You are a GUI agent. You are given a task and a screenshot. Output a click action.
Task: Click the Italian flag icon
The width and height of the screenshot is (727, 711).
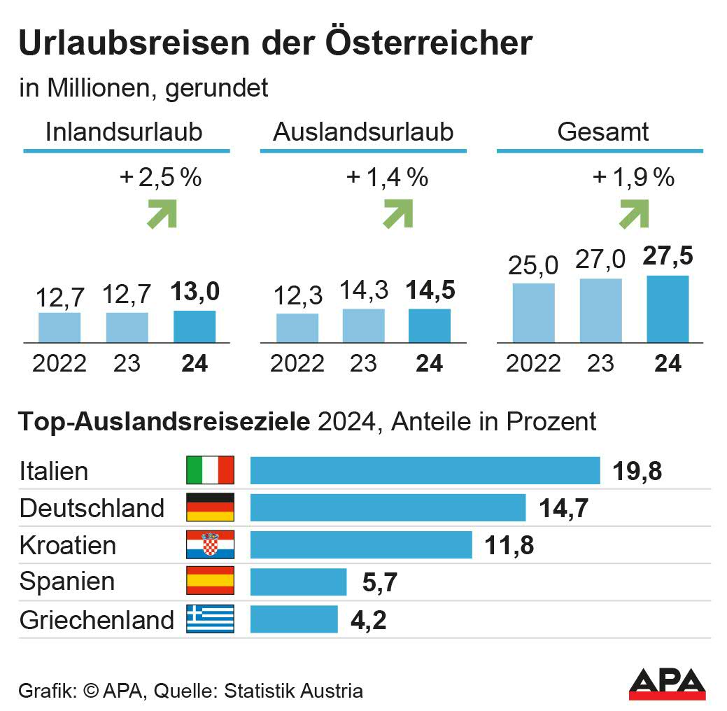coord(210,470)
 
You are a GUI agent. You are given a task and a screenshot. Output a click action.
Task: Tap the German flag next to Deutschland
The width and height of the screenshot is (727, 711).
coord(210,507)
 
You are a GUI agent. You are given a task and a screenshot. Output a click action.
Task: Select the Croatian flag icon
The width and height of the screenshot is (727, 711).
coord(210,544)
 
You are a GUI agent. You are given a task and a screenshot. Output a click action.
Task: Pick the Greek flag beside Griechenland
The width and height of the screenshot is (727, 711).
coord(210,619)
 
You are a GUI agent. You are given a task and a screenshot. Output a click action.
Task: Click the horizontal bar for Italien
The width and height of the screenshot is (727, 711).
coord(425,470)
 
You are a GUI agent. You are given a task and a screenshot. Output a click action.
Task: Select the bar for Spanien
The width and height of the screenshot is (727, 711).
coord(298,582)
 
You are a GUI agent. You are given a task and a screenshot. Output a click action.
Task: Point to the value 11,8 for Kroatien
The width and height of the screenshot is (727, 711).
coord(509,545)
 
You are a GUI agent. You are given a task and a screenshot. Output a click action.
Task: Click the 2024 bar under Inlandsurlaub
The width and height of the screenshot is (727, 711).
coord(195,326)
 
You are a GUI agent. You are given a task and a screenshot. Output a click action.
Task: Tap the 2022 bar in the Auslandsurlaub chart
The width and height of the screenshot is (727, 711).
coord(297,328)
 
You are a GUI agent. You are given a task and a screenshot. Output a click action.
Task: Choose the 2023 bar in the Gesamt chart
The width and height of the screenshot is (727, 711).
coord(600,310)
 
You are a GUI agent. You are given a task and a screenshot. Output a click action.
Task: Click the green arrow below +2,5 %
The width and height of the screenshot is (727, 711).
coord(162,213)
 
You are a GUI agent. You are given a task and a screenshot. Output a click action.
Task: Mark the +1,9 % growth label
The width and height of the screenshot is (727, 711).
coord(633,178)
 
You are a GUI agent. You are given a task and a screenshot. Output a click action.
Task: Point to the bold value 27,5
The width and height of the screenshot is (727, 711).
coord(668,256)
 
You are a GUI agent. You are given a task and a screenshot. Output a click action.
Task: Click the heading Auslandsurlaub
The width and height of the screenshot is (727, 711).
coord(363,132)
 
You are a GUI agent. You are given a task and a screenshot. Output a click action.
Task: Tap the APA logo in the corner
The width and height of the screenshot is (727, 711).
coord(667,684)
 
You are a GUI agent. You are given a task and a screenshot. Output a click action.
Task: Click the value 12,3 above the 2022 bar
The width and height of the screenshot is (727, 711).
coord(297,295)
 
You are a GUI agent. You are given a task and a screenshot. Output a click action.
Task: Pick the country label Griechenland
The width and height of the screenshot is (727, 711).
coord(97,620)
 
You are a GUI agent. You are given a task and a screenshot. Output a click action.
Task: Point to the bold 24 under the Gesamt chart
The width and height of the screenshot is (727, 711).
coord(668,364)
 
